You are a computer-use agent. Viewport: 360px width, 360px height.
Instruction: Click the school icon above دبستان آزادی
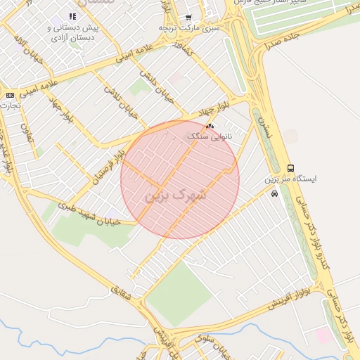72,16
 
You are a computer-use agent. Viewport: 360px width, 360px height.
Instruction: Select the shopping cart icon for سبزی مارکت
188,17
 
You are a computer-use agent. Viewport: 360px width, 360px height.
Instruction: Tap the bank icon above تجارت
10,95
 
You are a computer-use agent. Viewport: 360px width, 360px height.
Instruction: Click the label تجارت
10,105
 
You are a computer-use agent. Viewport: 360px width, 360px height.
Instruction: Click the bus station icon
291,168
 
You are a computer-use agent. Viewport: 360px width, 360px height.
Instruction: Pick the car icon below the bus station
274,193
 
